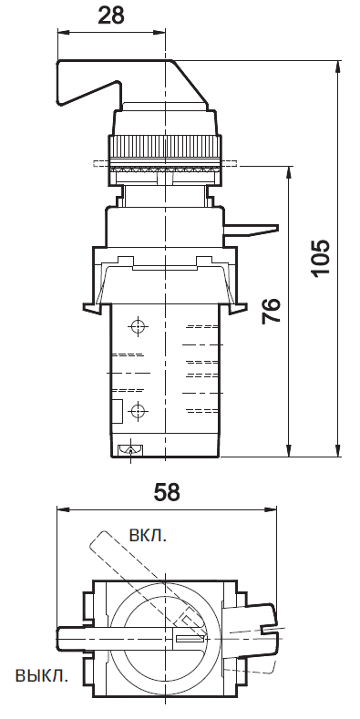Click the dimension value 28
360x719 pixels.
pos(111,15)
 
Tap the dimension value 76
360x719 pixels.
pos(271,311)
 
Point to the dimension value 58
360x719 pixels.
pos(166,492)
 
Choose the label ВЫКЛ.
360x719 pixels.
pos(41,675)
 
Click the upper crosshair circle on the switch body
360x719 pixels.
pos(138,327)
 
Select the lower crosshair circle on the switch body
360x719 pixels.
pos(138,410)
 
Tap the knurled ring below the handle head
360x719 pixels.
pos(164,146)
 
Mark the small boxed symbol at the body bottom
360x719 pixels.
pos(128,448)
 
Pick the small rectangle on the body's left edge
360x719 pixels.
pos(117,410)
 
